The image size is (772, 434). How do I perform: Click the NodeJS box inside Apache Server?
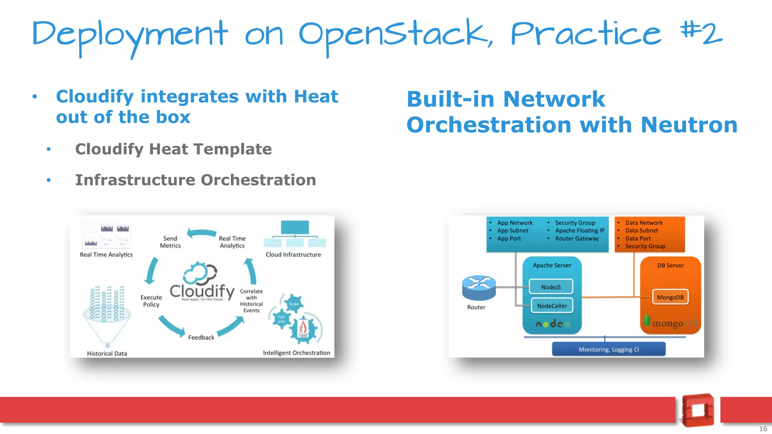[x=551, y=287]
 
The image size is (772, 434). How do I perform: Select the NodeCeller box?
[x=552, y=306]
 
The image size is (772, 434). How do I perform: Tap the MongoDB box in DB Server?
[x=670, y=297]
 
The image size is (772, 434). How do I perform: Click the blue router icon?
[x=479, y=287]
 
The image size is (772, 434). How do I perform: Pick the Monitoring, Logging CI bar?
[x=608, y=349]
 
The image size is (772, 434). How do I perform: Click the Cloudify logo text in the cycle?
[x=202, y=291]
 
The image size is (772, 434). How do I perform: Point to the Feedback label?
[x=201, y=338]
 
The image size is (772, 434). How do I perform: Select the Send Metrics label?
[x=170, y=242]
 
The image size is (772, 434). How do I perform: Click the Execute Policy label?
[x=151, y=301]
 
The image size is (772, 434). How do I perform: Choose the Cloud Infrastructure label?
[x=293, y=255]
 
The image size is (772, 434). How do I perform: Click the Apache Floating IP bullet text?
[x=579, y=231]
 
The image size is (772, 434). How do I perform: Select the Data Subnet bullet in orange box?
[x=642, y=231]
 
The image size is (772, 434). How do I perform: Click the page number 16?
[x=763, y=429]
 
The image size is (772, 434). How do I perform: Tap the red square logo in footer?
[x=698, y=410]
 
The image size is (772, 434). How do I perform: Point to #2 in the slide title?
[x=701, y=33]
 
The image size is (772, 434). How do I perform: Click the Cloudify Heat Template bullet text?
[x=173, y=149]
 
